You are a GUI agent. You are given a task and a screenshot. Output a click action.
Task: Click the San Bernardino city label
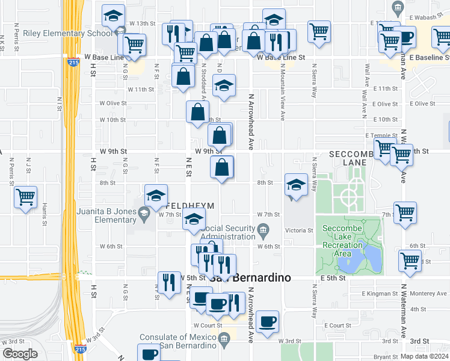click(250, 278)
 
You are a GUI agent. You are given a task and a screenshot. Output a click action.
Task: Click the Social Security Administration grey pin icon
click(263, 230)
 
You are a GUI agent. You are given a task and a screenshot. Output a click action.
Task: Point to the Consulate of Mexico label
click(178, 341)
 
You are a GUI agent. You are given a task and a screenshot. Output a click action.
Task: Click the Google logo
click(20, 354)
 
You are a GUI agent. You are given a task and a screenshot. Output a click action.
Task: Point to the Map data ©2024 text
click(424, 356)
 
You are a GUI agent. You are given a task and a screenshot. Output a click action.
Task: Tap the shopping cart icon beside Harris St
click(26, 197)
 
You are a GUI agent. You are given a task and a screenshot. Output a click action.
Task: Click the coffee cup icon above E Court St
click(267, 320)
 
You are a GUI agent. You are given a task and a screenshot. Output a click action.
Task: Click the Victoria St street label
click(301, 230)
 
